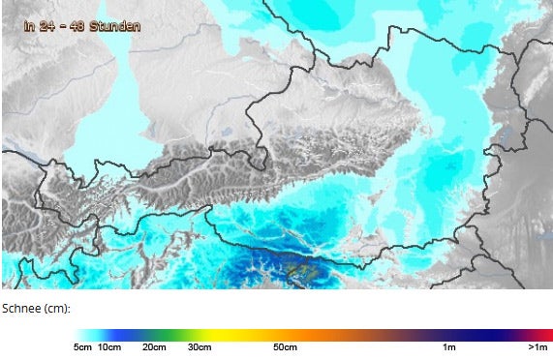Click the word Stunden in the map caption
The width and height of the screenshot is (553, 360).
[x=114, y=26]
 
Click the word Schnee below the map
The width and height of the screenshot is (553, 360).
[x=21, y=308]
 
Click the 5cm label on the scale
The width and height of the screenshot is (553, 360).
[x=82, y=346]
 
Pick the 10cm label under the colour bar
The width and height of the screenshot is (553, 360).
[x=109, y=346]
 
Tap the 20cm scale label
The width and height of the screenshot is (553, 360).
[x=154, y=346]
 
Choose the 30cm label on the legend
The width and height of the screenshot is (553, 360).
[x=200, y=346]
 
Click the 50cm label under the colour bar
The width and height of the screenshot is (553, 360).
[x=284, y=346]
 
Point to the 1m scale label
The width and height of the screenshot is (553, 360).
[x=449, y=346]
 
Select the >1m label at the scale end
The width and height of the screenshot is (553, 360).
[x=538, y=346]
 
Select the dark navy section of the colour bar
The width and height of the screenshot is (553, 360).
[x=475, y=333]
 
